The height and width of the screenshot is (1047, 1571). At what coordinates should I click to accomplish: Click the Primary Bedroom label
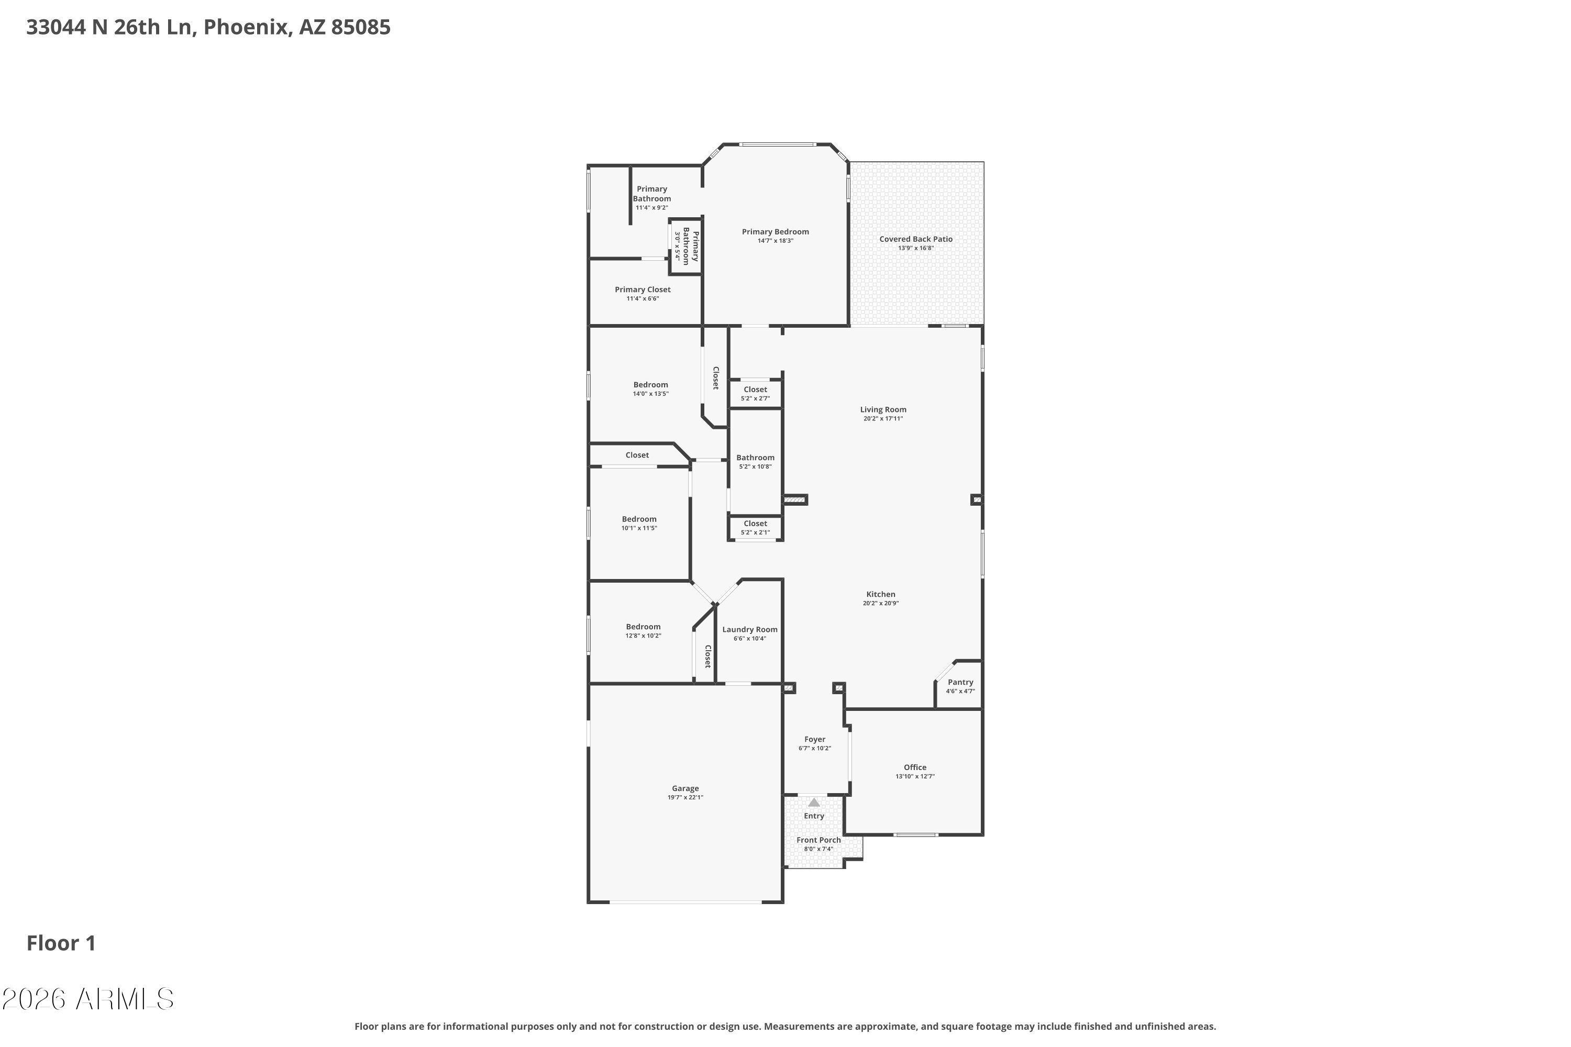pos(775,232)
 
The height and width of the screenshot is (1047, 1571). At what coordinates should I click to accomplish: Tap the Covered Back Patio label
pos(916,239)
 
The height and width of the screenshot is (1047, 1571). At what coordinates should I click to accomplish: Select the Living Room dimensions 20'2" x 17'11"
pos(882,419)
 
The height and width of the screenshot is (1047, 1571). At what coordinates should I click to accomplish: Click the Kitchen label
pos(880,594)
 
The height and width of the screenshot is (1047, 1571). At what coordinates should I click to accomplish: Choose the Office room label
pos(914,767)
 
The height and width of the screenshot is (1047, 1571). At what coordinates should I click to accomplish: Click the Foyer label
pos(814,739)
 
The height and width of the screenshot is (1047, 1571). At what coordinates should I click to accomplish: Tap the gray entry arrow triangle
pos(814,803)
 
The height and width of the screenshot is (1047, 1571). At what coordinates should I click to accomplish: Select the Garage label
pos(685,788)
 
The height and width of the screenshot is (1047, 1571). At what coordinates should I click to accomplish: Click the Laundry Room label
pos(749,630)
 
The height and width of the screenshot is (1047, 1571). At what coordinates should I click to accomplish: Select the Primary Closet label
pos(643,290)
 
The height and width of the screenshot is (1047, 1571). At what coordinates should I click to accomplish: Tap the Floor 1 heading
pos(61,943)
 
